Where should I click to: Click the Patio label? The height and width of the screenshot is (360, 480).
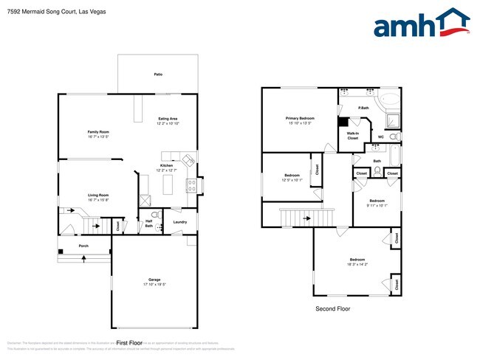158,75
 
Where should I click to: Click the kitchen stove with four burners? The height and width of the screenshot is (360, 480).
192,185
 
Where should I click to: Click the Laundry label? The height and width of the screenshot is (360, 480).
179,222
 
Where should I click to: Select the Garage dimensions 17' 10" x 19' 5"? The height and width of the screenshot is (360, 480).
154,284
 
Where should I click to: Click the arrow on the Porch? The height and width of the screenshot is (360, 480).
83,258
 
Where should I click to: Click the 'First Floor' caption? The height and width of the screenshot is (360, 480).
128,343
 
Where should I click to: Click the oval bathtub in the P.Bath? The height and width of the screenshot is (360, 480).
390,100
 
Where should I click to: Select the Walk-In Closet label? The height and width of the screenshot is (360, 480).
352,136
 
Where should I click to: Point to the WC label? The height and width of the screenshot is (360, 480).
380,136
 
